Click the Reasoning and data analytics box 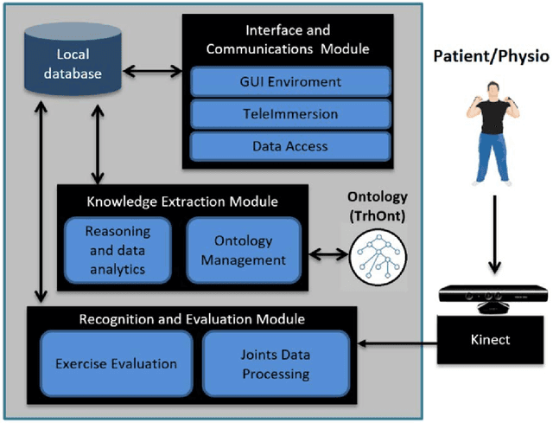click(118, 250)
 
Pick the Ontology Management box click(243, 250)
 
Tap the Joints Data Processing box click(276, 364)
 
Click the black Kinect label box click(492, 339)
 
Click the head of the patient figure click(491, 88)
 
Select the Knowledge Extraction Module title click(182, 202)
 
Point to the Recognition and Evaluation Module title click(192, 320)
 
